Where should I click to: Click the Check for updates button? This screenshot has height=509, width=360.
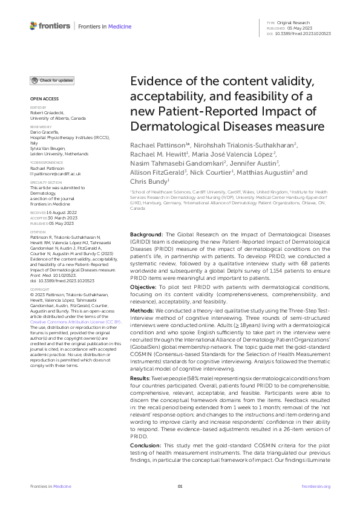pyautogui.click(x=53, y=80)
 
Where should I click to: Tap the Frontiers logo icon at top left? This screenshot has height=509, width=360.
pyautogui.click(x=33, y=26)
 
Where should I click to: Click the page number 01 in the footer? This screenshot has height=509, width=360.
pyautogui.click(x=180, y=486)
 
